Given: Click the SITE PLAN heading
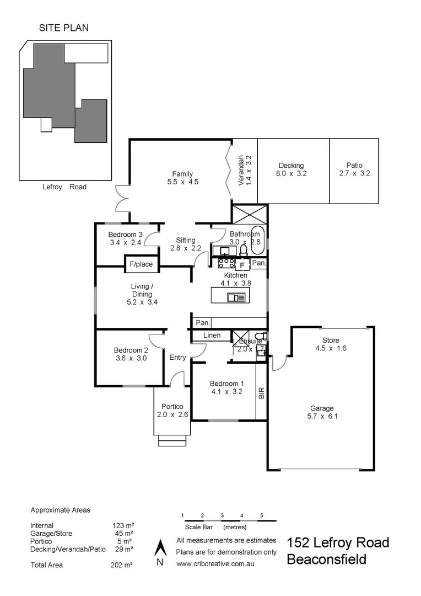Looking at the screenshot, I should (63, 27).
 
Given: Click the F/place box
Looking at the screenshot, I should (141, 264).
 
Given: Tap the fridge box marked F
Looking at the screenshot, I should (242, 265).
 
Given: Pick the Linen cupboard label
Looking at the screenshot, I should (212, 335).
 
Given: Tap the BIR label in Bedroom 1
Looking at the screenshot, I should (262, 393).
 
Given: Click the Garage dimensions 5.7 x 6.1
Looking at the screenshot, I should (323, 417).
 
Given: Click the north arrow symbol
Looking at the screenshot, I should (160, 549).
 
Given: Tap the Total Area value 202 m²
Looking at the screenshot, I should (123, 565).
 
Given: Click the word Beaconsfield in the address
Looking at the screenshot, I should (326, 560).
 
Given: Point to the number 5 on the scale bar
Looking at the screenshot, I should (262, 515).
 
